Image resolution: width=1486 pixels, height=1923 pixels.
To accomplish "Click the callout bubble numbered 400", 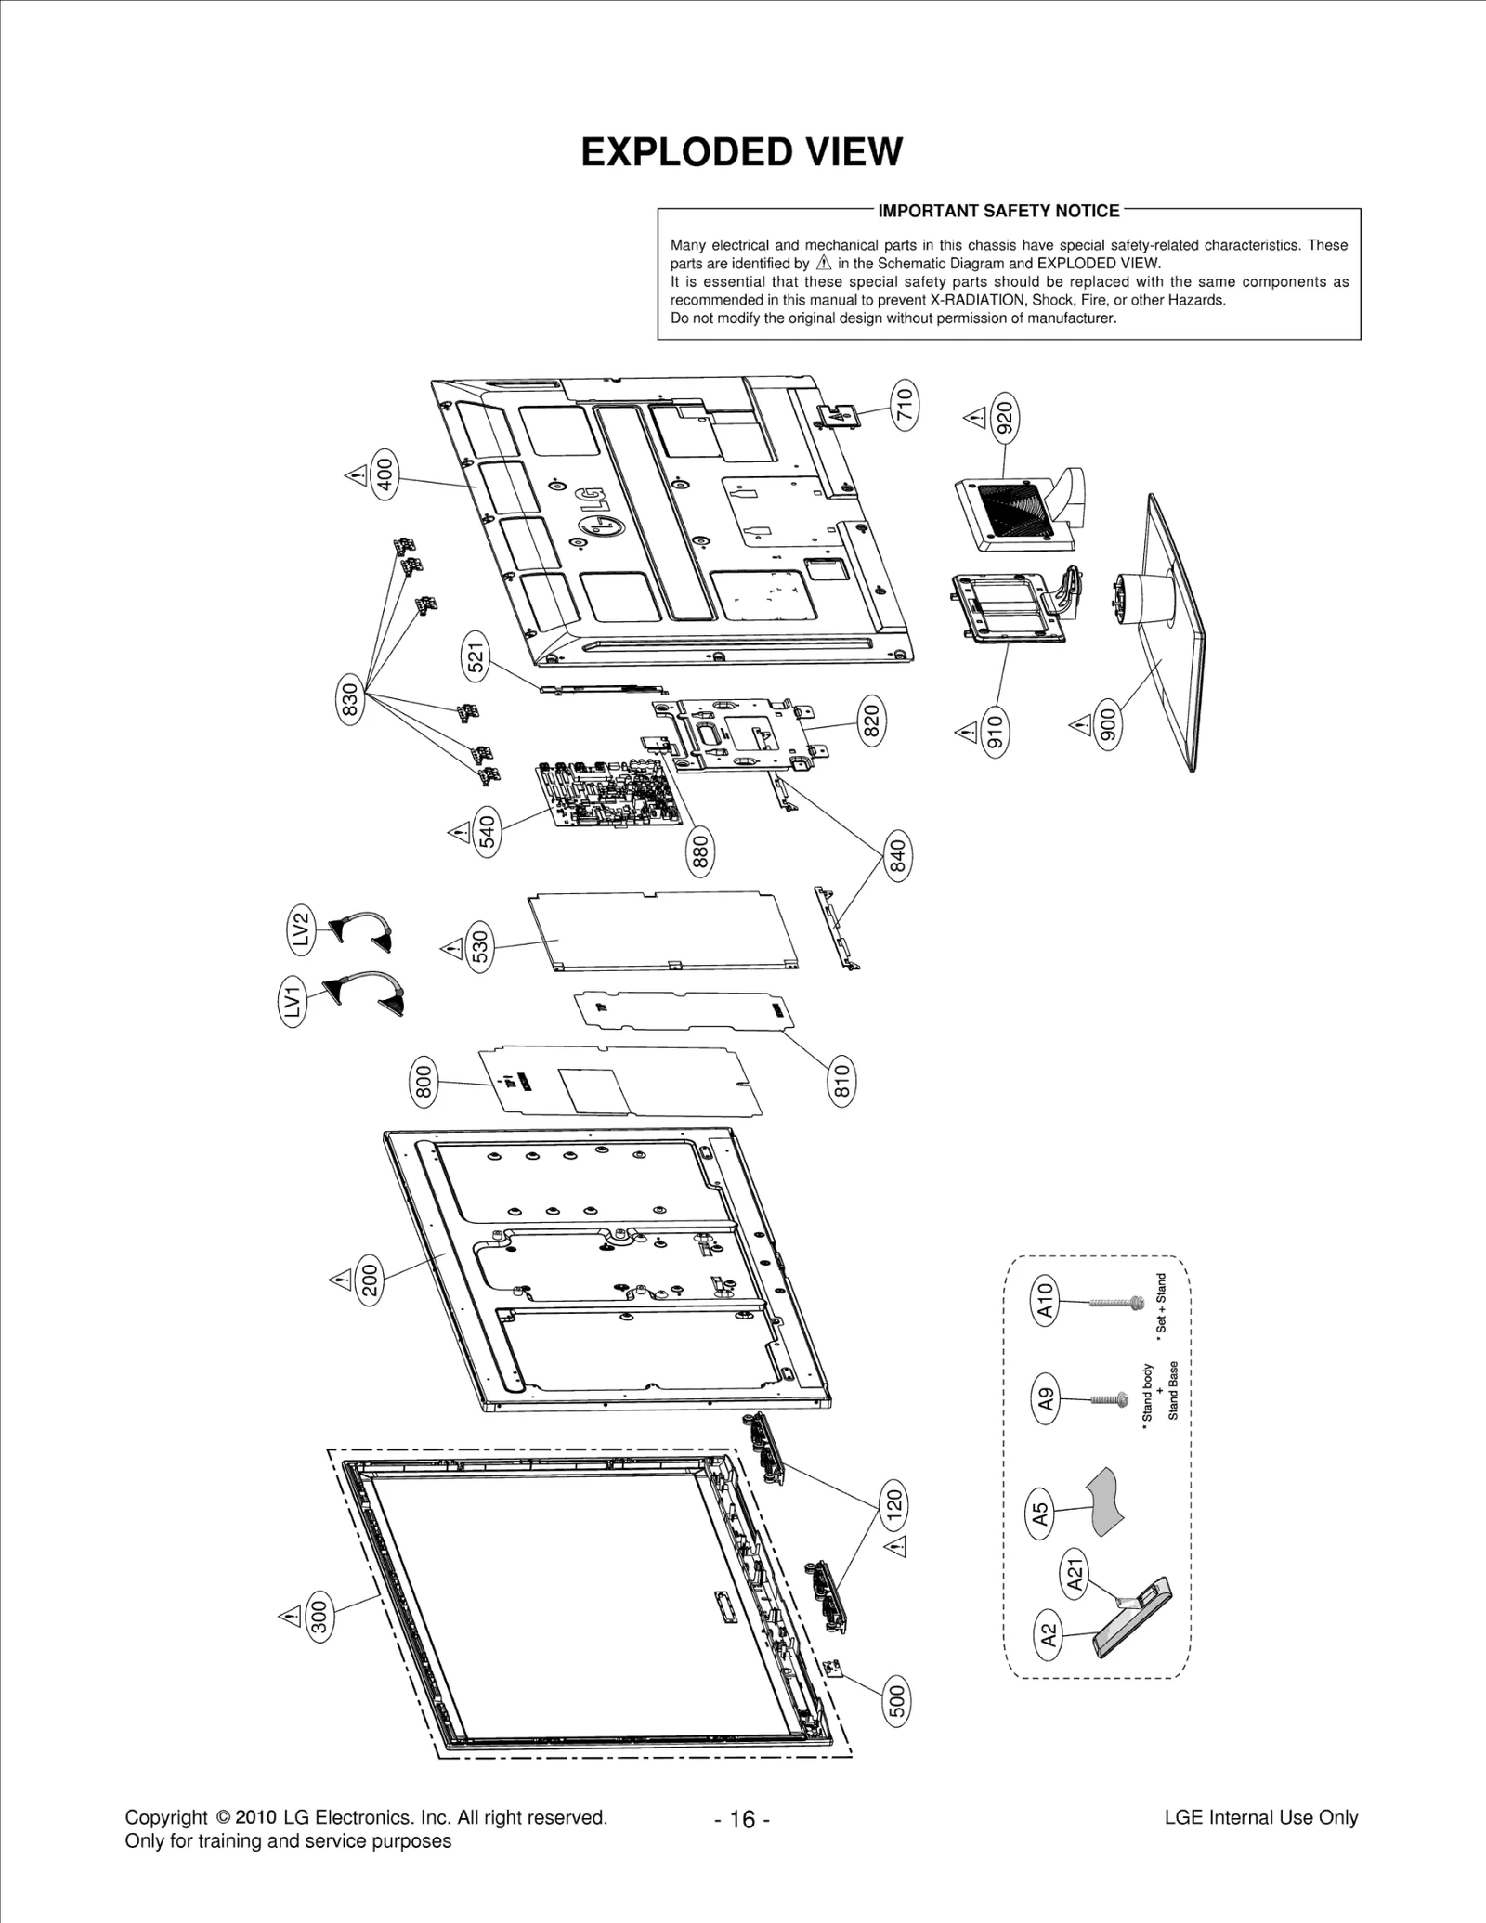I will point(385,474).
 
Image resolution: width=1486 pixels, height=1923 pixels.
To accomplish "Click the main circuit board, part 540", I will point(613,794).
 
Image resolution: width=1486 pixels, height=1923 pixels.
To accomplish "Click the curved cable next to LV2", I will point(363,929).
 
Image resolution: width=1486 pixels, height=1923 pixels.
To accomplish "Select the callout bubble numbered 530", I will point(479,946).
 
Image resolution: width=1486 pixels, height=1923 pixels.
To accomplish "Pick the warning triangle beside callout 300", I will point(290,1617).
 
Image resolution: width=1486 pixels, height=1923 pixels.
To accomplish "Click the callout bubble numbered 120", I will point(893,1503).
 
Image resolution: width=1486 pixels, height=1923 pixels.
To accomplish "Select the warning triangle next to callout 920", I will point(974,418).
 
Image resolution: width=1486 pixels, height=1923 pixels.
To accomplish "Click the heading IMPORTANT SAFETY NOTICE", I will point(998,211).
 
